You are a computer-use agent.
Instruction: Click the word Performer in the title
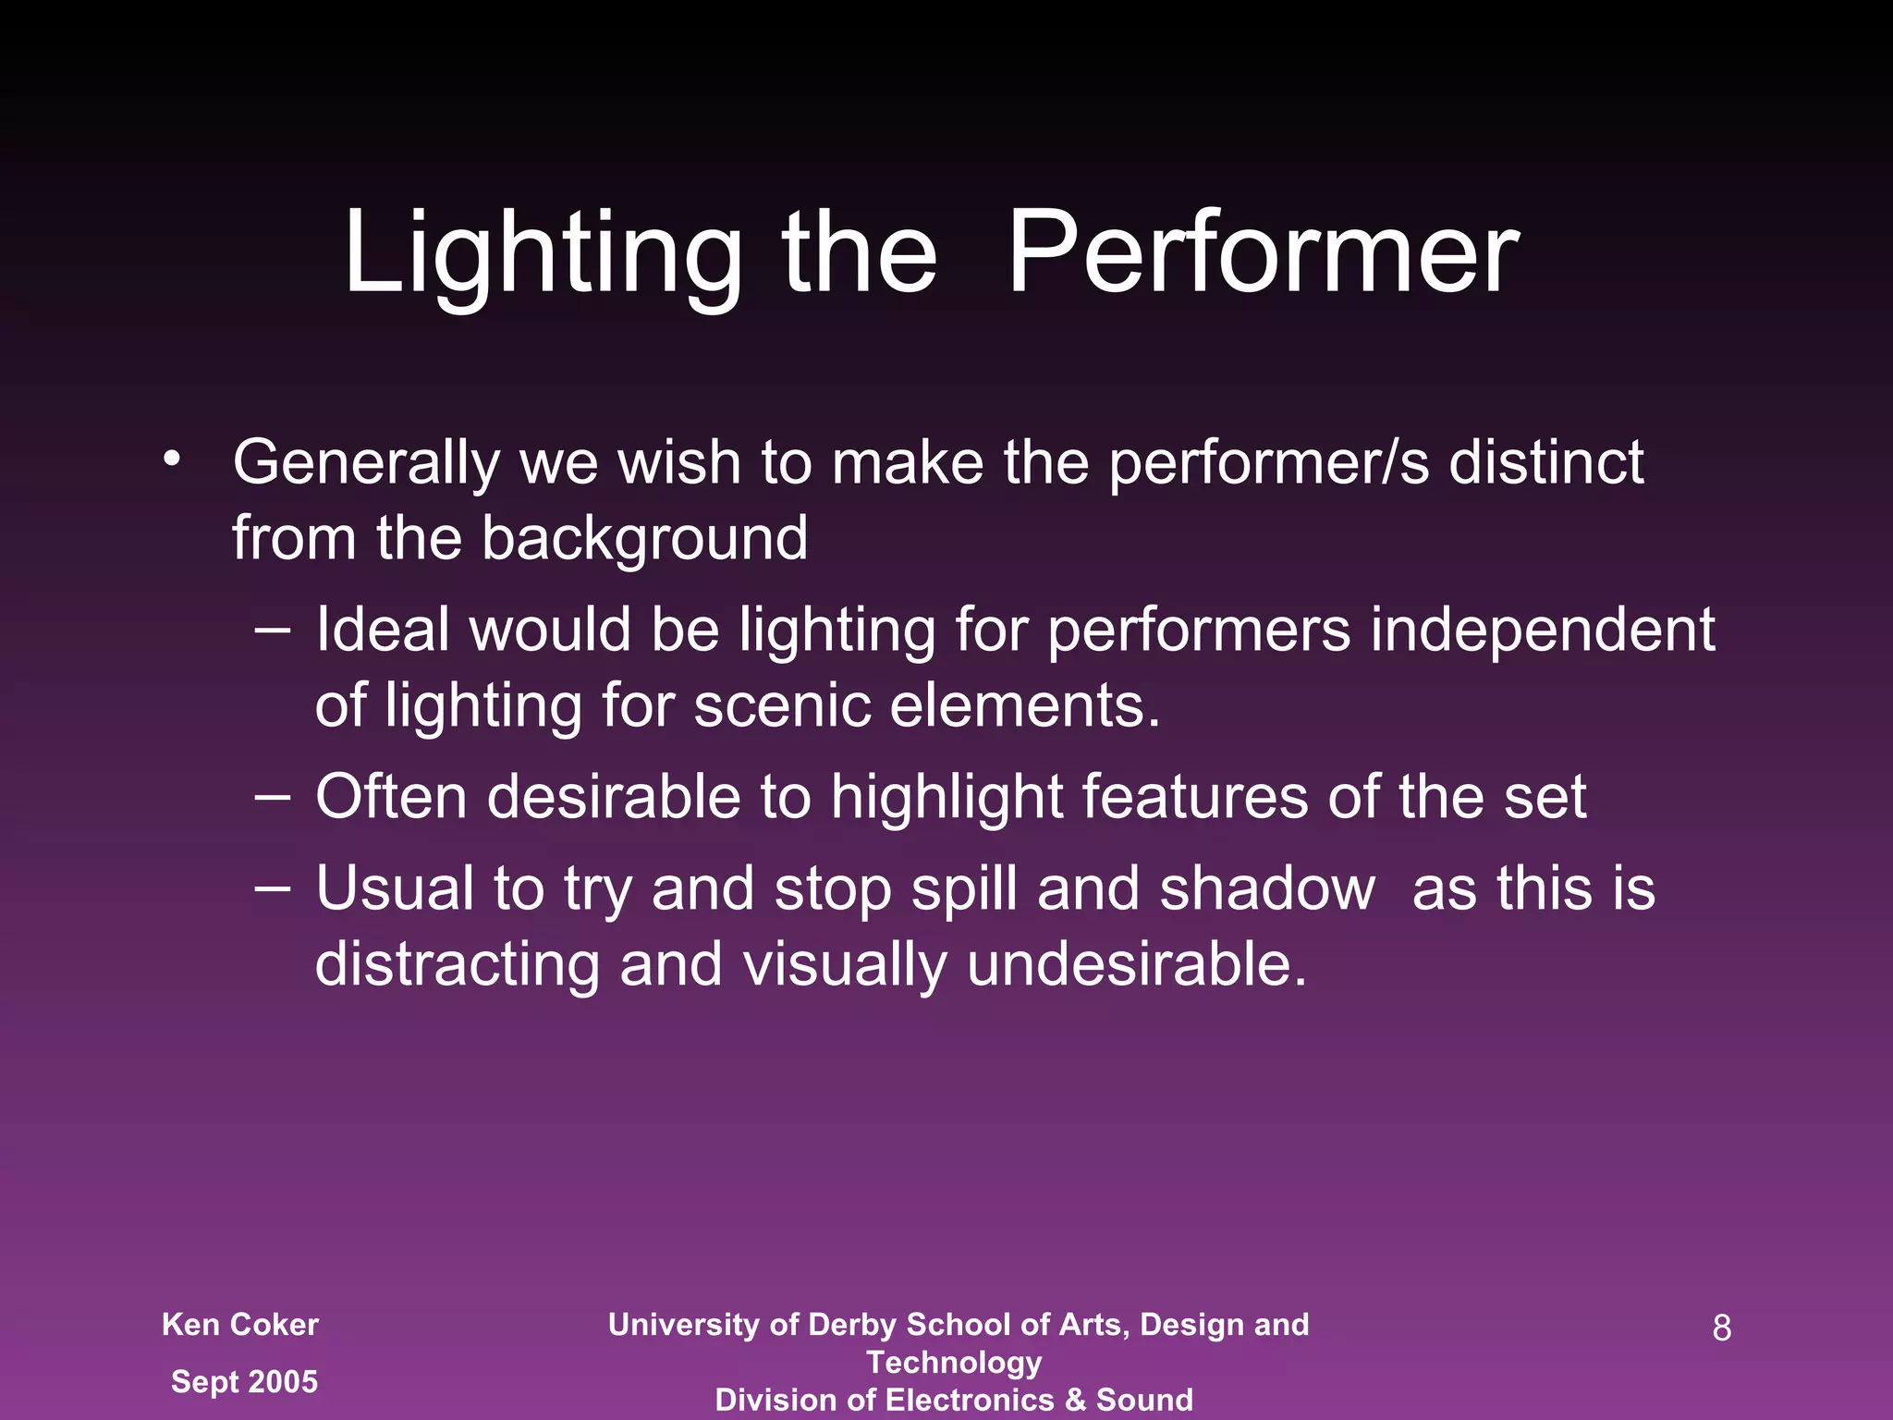(1263, 253)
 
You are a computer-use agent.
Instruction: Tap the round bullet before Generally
(171, 459)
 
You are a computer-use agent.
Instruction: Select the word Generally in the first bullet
(366, 462)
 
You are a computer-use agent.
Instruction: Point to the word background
(644, 538)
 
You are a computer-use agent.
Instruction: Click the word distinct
(1545, 462)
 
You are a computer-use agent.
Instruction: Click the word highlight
(946, 798)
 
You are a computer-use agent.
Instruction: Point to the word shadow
(1267, 888)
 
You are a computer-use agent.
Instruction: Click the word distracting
(458, 964)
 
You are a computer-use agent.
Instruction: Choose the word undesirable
(1137, 964)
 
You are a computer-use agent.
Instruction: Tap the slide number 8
(1721, 1328)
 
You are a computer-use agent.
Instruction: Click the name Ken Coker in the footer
(240, 1325)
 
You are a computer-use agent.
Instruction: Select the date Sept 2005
(244, 1381)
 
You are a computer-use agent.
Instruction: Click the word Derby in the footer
(850, 1325)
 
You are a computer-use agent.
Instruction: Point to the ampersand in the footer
(1075, 1400)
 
